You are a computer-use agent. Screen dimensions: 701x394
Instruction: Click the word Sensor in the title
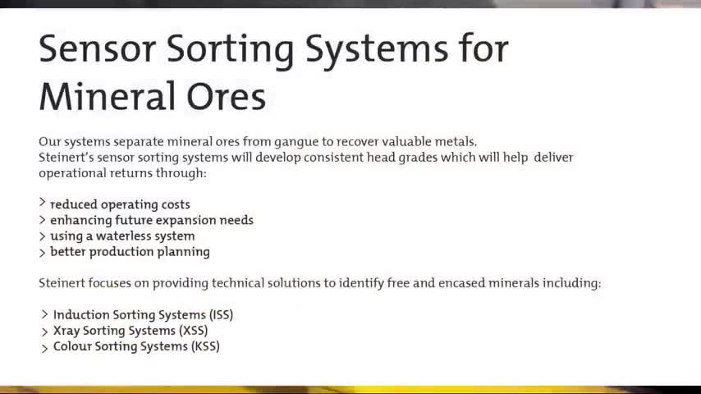(x=98, y=48)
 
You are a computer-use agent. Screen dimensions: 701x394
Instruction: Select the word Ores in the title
(x=227, y=97)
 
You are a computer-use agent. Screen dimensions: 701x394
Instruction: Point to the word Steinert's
(x=66, y=158)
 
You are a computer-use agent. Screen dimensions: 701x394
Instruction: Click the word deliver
(x=553, y=158)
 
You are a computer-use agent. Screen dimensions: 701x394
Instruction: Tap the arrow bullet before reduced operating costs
(x=43, y=203)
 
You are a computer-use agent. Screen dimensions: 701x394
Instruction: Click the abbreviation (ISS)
(x=222, y=315)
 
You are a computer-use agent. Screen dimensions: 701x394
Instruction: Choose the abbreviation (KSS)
(x=205, y=346)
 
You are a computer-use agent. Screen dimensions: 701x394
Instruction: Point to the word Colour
(x=72, y=346)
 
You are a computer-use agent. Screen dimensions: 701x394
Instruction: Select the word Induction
(x=81, y=315)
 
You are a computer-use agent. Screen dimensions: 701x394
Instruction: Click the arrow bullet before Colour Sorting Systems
(x=44, y=348)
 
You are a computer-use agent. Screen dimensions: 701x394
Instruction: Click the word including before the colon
(x=570, y=283)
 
